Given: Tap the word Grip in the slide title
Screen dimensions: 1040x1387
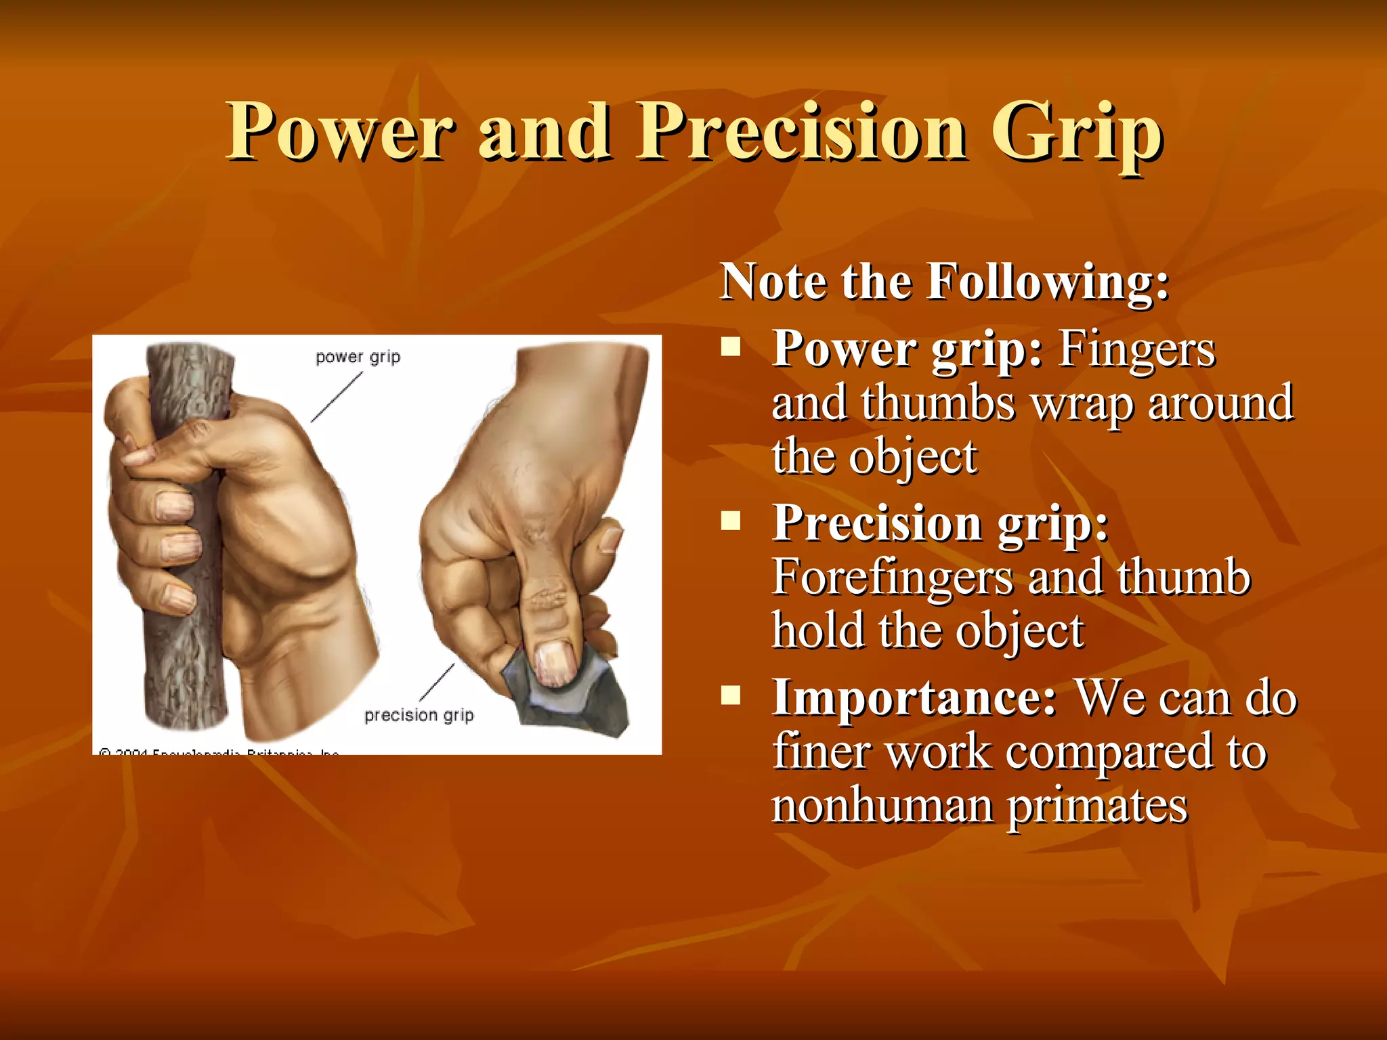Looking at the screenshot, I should (1077, 133).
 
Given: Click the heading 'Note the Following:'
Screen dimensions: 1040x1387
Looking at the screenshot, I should (944, 281).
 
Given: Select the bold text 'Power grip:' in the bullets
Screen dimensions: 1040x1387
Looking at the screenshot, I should (908, 349).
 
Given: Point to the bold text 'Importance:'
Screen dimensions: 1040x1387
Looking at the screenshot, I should (914, 697).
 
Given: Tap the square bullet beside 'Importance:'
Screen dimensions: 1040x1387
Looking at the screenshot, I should (731, 695).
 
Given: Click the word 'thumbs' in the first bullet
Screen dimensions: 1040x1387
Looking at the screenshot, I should (938, 403).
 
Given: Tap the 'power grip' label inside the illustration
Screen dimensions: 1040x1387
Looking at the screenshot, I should (358, 357).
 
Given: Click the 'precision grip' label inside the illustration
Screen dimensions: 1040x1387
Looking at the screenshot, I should (419, 715).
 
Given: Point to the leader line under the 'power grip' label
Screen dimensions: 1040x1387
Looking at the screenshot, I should (337, 398).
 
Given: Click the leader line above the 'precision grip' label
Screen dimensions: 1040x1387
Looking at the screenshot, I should (437, 682).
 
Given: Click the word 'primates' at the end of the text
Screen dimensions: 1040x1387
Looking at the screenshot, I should (1097, 806).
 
